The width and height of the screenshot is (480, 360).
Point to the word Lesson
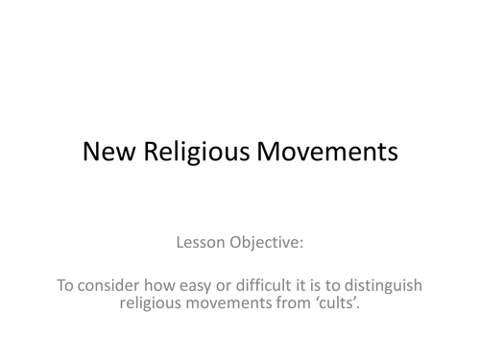pyautogui.click(x=204, y=243)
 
